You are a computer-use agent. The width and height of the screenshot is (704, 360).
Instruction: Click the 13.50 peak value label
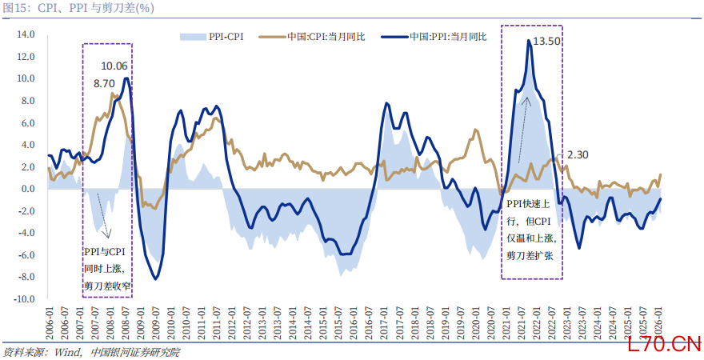547,41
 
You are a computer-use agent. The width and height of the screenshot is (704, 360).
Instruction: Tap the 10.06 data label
114,66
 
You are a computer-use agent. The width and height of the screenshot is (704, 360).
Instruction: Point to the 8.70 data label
104,83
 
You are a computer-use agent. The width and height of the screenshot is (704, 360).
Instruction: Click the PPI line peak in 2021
530,41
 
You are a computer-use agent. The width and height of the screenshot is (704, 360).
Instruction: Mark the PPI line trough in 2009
155,278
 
